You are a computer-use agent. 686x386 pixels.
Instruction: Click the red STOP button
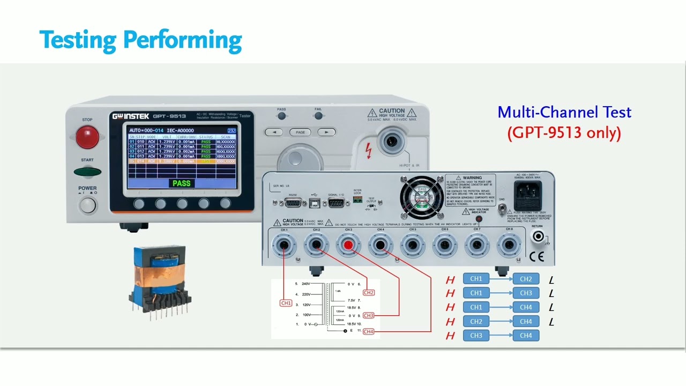[x=87, y=137]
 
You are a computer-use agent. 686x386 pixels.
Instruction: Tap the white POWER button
[x=87, y=205]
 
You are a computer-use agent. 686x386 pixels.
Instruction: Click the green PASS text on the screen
[x=181, y=183]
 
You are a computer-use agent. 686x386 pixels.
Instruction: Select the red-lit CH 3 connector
[x=348, y=246]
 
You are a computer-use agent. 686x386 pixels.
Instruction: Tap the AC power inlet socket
[x=528, y=195]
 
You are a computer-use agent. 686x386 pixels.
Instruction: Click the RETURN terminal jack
[x=537, y=236]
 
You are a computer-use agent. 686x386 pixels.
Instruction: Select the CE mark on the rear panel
[x=536, y=257]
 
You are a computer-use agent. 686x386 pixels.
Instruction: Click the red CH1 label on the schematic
[x=286, y=303]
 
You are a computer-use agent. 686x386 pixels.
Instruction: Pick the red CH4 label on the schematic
[x=368, y=332]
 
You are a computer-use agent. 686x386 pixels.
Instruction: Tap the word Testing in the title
[x=77, y=40]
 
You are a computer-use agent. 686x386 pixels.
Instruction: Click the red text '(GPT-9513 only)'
[x=564, y=132]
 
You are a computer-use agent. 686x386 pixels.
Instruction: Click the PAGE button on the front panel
[x=300, y=132]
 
